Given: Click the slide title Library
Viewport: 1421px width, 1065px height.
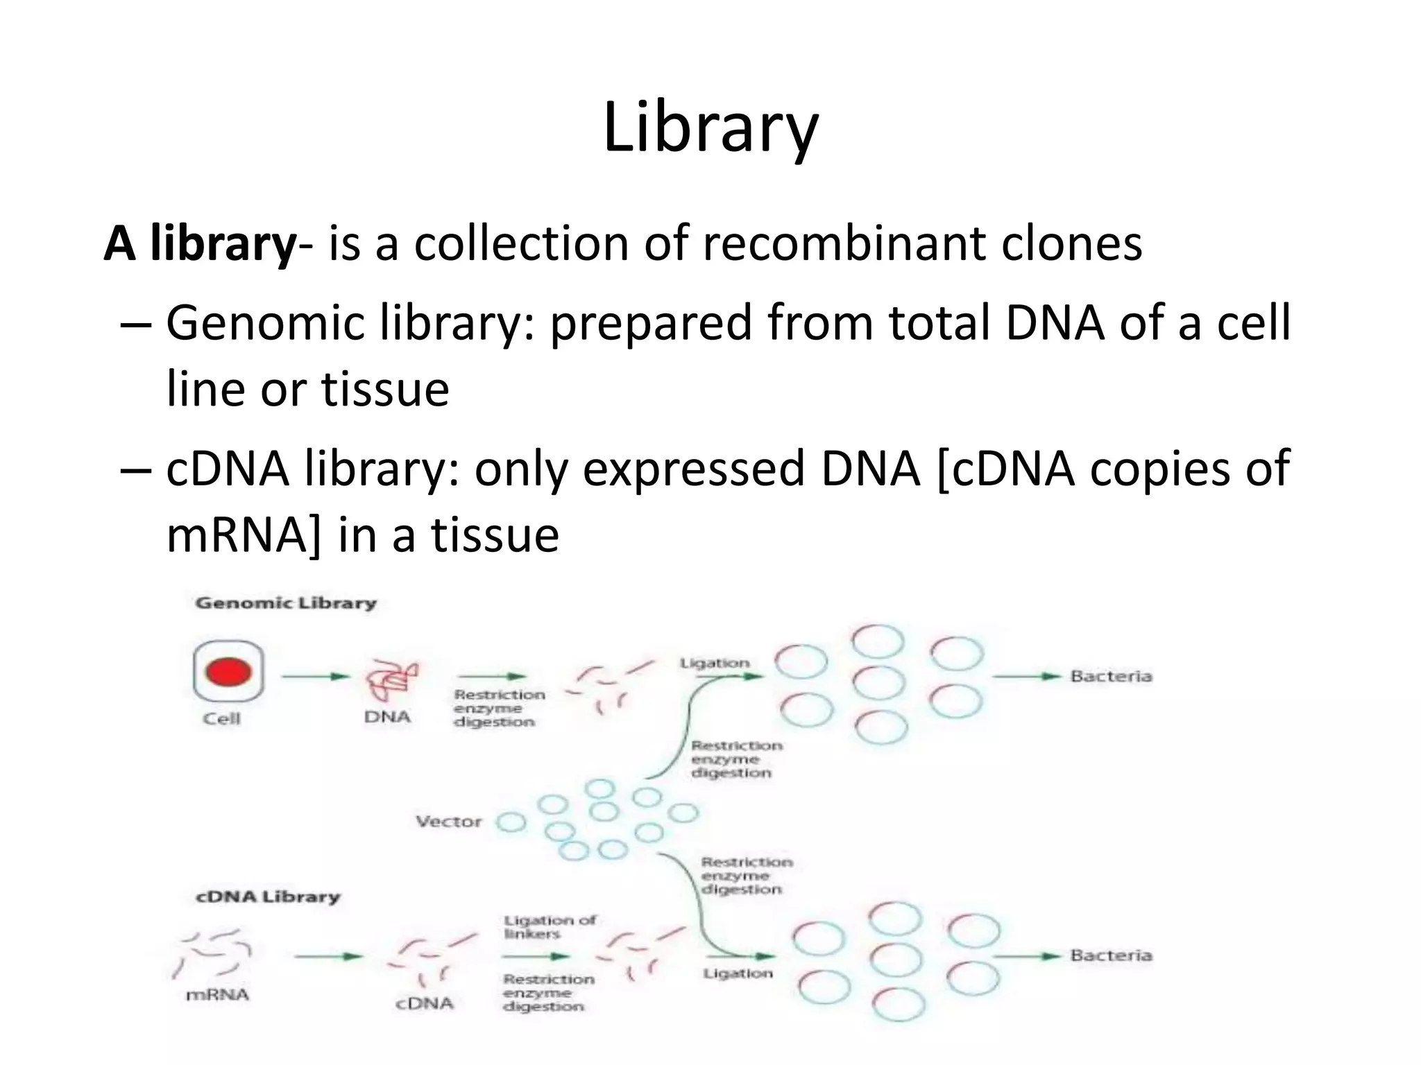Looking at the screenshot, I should (710, 128).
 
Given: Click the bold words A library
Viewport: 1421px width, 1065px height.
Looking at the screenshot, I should (200, 244).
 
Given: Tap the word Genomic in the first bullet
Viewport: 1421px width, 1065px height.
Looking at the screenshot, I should (264, 324).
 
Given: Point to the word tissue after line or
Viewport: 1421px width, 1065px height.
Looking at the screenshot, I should (385, 389).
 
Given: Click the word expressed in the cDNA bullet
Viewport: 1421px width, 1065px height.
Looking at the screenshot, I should (693, 469).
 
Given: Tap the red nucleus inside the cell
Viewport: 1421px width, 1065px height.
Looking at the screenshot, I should (228, 672).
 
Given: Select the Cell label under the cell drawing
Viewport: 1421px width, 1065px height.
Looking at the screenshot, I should (221, 718).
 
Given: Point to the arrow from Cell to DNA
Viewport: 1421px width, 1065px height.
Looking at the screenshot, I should (314, 676).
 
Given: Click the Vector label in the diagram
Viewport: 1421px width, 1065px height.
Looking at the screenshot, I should (448, 822).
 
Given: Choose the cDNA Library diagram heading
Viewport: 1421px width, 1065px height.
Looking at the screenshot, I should (268, 897).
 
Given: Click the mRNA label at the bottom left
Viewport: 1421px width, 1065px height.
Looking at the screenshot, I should (217, 995).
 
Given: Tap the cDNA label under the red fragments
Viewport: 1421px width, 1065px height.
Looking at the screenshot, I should (424, 1003).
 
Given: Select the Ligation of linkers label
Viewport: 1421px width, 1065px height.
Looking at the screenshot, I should (550, 927).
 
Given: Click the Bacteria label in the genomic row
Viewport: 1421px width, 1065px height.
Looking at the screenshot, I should (1110, 676).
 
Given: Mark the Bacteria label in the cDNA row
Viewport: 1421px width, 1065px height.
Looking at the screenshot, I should (1110, 955).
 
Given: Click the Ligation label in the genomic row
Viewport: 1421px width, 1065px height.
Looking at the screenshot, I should (715, 664).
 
